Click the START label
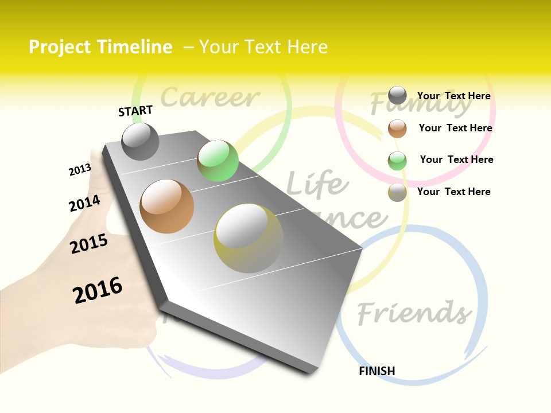tap(135, 111)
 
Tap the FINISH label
tap(377, 371)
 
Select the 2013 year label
tap(80, 170)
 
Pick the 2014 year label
tap(84, 203)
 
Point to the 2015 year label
tap(89, 244)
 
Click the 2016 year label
tap(98, 290)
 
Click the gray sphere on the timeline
tap(140, 142)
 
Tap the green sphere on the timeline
tap(218, 161)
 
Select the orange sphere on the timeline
tap(167, 206)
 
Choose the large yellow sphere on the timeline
tap(249, 238)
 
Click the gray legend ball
tap(397, 95)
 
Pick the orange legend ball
tap(397, 128)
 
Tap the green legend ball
tap(397, 161)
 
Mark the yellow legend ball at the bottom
tap(397, 192)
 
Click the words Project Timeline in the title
tap(100, 47)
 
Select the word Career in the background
tap(210, 97)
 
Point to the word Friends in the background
tap(414, 313)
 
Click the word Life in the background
tap(317, 184)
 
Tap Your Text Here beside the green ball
tap(456, 159)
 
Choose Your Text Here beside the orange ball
tap(455, 128)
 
